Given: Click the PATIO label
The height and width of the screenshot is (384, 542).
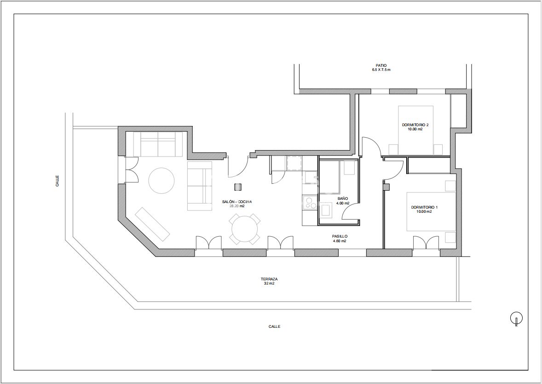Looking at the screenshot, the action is point(381,65).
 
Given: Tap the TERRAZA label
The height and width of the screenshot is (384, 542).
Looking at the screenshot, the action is point(269,279).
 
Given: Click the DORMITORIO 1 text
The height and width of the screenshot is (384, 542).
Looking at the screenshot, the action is point(424,207).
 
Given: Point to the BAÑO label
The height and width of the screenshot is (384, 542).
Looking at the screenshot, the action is point(343,198).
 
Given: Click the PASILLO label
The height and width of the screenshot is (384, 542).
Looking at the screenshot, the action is point(340,237).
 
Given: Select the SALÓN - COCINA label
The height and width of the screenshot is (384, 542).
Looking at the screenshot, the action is point(237,202).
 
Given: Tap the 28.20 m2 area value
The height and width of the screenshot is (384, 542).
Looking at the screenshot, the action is point(237,206).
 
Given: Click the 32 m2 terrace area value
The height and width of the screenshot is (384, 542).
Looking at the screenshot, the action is point(269,283).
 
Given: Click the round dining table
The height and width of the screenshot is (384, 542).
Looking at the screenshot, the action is point(245,229).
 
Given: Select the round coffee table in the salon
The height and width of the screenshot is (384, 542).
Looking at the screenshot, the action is point(161,180).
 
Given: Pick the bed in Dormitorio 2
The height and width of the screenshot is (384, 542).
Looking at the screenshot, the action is point(416,130).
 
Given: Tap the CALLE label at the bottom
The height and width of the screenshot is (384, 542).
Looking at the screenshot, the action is point(275,326).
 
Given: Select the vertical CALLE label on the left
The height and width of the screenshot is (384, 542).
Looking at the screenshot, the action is point(57,181).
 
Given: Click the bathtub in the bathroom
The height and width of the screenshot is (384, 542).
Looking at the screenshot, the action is point(330,177).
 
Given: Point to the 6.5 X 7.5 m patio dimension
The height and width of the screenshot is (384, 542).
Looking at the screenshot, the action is point(381,70).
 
